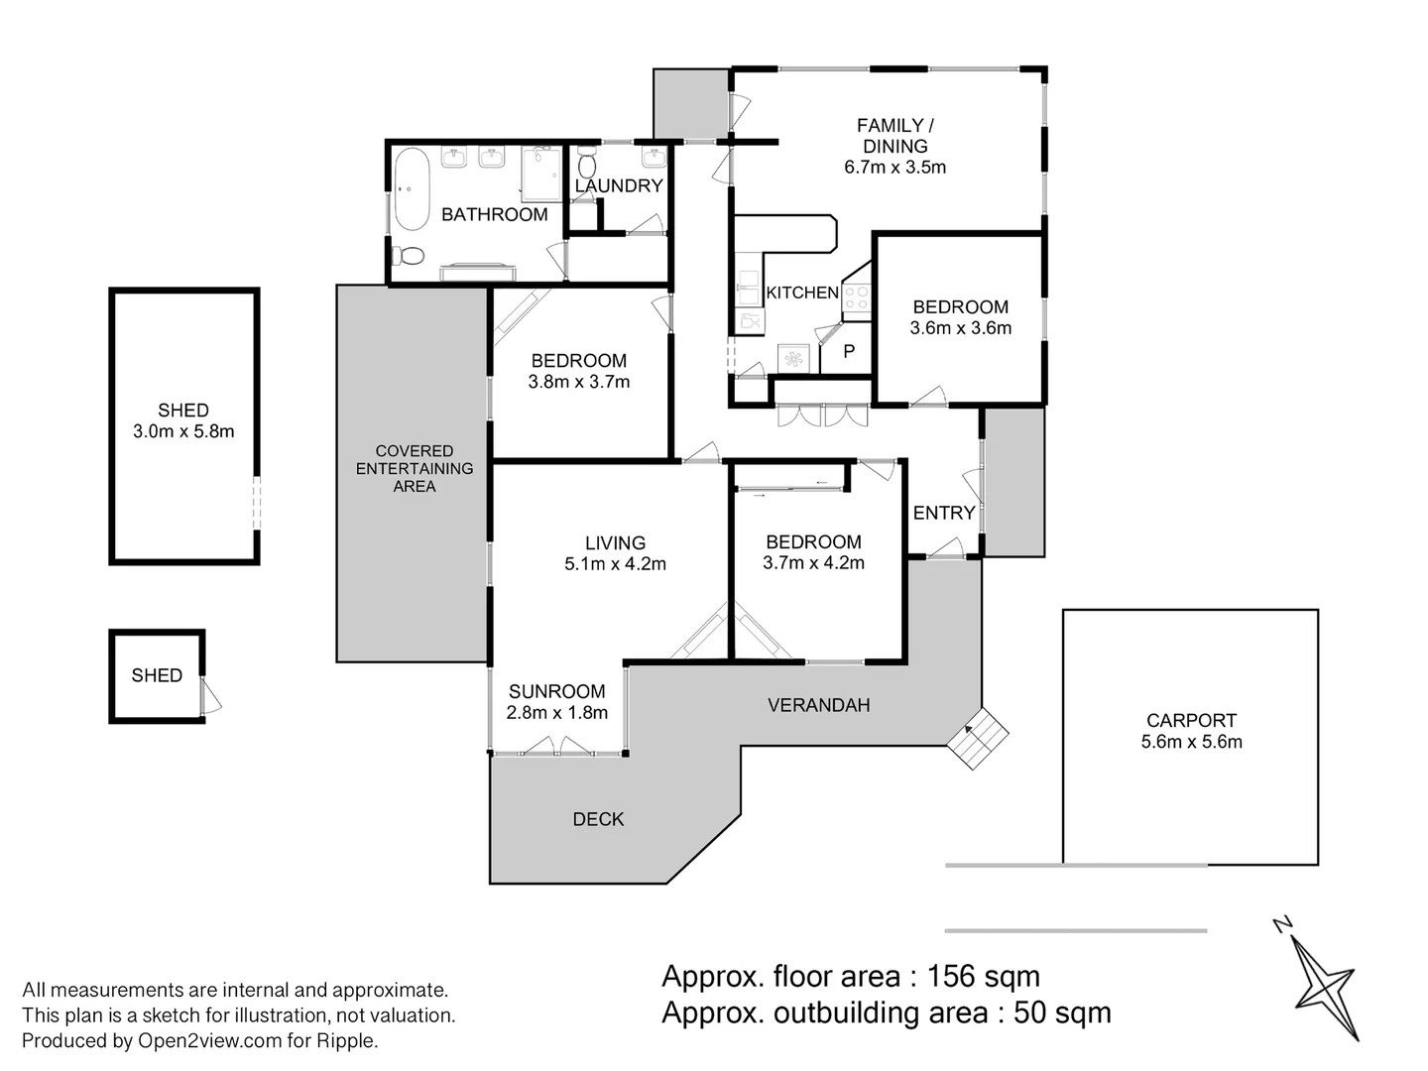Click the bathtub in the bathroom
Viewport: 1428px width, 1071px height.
coord(411,188)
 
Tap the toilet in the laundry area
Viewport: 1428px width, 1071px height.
coord(586,164)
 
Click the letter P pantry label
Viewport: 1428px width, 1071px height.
coord(849,351)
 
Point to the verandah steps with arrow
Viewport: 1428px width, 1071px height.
coord(976,738)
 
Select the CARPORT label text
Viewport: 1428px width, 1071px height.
coord(1191,721)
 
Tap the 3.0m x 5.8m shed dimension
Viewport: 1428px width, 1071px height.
coord(183,431)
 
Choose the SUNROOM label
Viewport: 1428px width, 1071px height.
coord(556,691)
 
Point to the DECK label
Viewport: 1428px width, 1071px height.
coord(598,819)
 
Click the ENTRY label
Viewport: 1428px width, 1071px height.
coord(943,513)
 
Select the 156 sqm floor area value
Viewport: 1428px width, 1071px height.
coord(983,977)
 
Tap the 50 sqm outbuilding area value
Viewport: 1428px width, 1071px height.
coord(1062,1012)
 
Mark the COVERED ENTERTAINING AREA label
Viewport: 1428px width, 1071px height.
coord(415,468)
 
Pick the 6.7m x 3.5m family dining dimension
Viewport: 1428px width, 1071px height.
coord(894,168)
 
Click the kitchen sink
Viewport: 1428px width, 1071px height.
coord(748,288)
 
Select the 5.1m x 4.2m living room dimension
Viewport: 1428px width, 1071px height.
coord(615,564)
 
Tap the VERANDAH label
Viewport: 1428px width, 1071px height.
coord(818,705)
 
